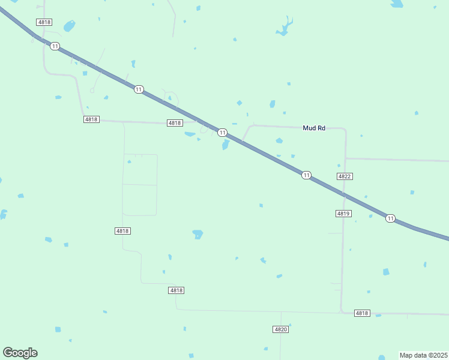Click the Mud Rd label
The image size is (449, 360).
click(314, 128)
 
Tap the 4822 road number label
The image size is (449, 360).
click(344, 176)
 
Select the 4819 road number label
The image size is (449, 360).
click(343, 214)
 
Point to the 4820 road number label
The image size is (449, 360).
click(280, 329)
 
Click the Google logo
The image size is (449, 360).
click(20, 352)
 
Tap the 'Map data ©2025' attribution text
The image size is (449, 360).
click(423, 355)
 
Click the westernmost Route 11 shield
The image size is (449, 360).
click(55, 46)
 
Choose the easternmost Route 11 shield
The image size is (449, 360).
click(391, 218)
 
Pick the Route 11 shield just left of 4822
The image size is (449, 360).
click(306, 175)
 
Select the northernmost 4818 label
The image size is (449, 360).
click(44, 22)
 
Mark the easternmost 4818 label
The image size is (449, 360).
click(362, 313)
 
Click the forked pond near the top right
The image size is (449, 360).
click(284, 28)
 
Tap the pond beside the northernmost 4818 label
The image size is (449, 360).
click(69, 26)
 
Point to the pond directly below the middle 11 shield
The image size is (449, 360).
click(226, 145)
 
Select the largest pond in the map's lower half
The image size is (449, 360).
click(197, 234)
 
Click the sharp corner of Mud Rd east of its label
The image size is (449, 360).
click(345, 129)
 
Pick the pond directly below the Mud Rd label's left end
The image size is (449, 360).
click(279, 141)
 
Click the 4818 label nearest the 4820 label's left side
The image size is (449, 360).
click(176, 290)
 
